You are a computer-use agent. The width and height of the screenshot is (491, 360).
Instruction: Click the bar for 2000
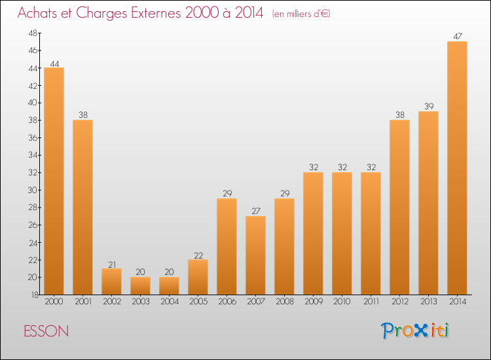coord(54,181)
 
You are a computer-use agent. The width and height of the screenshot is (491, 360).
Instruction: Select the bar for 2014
coord(457,168)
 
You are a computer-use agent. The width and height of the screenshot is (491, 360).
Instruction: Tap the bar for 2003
coord(140,285)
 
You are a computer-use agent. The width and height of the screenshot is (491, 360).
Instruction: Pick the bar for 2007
coord(255,255)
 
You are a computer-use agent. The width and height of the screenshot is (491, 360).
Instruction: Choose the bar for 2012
coord(399,207)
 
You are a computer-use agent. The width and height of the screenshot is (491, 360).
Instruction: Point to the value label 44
coord(54,63)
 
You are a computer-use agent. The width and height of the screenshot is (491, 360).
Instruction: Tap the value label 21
coord(111,264)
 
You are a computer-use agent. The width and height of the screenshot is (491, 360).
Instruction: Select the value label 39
coord(428,107)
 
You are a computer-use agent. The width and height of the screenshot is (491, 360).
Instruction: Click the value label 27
coord(255,212)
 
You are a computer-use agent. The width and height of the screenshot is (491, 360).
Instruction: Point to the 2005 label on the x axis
coord(198,302)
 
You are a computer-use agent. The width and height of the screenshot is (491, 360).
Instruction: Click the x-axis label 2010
coord(342,302)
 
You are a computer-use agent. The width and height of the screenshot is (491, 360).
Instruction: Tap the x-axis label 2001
coord(82,302)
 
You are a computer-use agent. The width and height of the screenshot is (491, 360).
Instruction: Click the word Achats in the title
coord(41,13)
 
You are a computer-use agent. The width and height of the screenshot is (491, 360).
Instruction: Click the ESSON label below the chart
coord(46,331)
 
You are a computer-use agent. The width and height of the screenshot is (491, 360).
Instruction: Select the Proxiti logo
coord(416,331)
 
